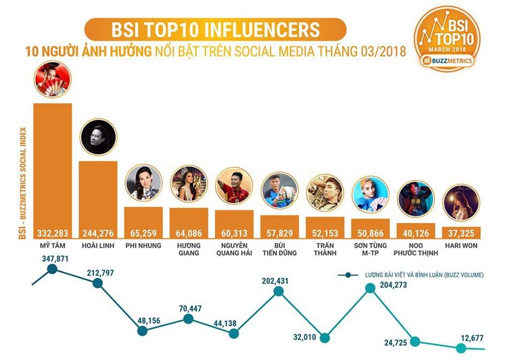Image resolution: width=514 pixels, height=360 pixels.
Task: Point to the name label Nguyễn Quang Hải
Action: tap(234, 249)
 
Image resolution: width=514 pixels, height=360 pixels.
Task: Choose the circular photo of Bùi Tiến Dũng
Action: tap(279, 190)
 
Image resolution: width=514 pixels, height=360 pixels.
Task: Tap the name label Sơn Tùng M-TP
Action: tap(370, 249)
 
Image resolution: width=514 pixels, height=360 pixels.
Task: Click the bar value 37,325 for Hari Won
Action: tap(461, 231)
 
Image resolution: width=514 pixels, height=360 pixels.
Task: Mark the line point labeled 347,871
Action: tap(53, 270)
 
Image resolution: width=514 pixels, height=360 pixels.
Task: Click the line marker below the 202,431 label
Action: tap(279, 291)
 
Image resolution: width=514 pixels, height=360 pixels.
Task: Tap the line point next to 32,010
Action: tap(325, 337)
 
